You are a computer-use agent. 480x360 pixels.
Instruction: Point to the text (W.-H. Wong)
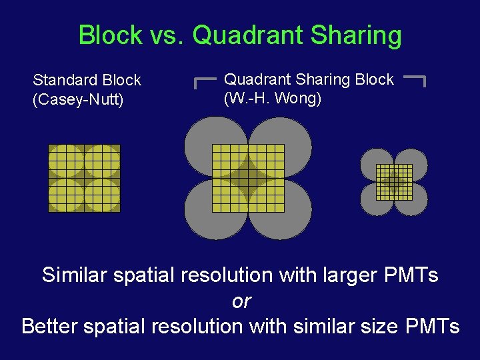click(273, 99)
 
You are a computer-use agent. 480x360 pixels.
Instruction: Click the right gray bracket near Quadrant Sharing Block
click(416, 80)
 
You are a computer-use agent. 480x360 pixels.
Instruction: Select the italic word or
click(241, 301)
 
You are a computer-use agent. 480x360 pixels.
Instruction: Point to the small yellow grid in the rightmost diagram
click(394, 181)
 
